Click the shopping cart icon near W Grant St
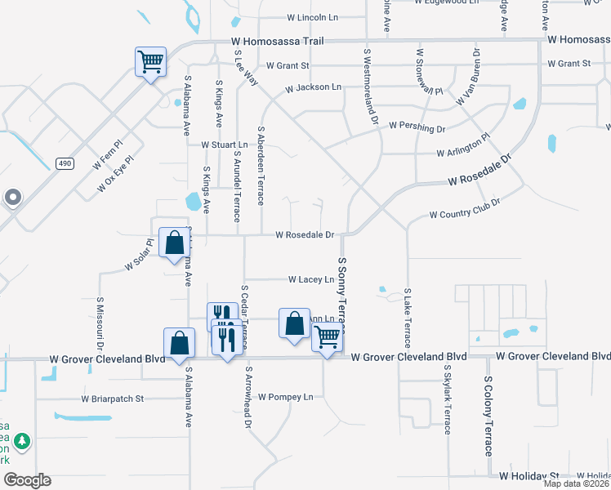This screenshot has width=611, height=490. [150, 61]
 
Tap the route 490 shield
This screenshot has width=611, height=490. [65, 164]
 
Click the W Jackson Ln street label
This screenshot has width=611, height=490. [313, 87]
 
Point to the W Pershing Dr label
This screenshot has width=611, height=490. [417, 127]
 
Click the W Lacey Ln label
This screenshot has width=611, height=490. [311, 279]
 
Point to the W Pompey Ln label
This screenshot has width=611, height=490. [286, 397]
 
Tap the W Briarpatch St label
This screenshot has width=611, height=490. [112, 399]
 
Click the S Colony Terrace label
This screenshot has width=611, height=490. [488, 416]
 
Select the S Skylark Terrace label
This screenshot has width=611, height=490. [448, 399]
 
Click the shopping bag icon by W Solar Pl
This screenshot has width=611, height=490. [174, 243]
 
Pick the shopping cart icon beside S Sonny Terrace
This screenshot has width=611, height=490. [327, 336]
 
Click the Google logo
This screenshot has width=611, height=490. [28, 480]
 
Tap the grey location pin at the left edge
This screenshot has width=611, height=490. [12, 198]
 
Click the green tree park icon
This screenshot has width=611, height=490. [21, 442]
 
